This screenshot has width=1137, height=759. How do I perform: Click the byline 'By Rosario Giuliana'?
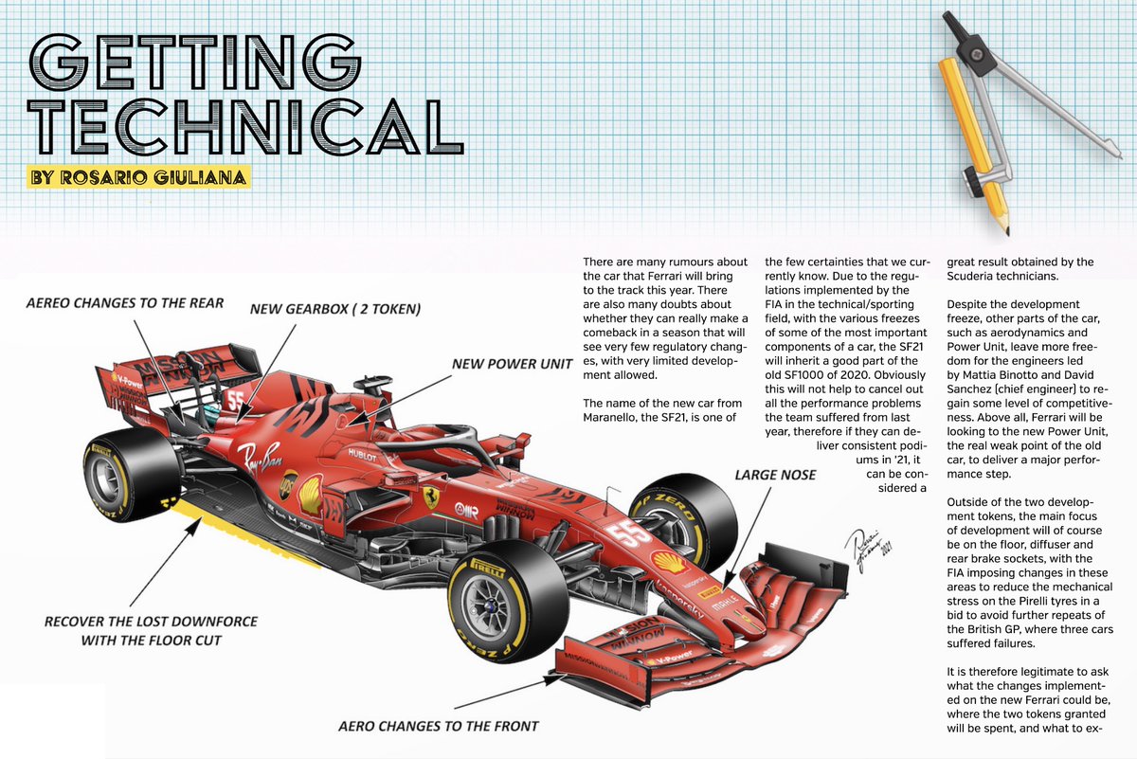138,177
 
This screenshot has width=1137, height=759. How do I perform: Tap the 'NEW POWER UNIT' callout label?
513,364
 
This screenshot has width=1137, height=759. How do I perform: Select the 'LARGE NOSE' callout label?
775,475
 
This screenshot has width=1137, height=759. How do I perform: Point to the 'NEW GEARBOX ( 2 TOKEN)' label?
335,309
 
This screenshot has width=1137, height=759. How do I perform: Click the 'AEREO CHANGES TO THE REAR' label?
125,303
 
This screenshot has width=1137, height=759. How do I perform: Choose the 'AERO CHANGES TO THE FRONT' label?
439,726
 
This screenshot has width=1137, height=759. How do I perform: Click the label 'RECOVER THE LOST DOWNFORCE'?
151,622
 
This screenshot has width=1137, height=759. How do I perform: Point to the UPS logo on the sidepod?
288,484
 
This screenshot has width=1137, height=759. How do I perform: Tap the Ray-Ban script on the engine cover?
261,458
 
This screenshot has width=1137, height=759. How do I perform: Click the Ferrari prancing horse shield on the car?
431,498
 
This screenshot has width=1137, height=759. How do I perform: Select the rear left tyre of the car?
132,475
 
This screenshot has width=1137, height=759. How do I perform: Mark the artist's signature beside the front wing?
869,551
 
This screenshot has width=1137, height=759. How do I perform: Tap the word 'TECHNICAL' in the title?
245,126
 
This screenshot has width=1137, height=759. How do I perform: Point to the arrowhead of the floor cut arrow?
194,526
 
